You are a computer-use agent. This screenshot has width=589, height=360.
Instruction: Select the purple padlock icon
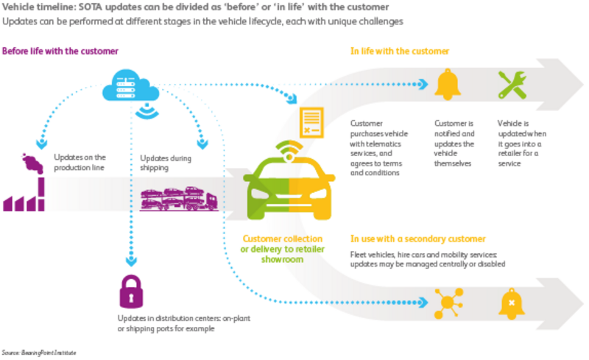click(x=133, y=292)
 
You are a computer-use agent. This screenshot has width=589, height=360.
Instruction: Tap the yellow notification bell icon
click(x=447, y=85)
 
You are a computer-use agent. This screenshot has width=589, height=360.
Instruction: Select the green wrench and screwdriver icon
click(x=511, y=85)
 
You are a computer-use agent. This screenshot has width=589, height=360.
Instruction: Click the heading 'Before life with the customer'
click(x=60, y=52)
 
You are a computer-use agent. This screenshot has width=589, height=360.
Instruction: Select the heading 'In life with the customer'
click(x=400, y=52)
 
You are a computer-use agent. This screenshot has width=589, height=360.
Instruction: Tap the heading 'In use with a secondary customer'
click(x=417, y=239)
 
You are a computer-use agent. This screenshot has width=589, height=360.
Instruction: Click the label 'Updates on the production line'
click(x=80, y=163)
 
